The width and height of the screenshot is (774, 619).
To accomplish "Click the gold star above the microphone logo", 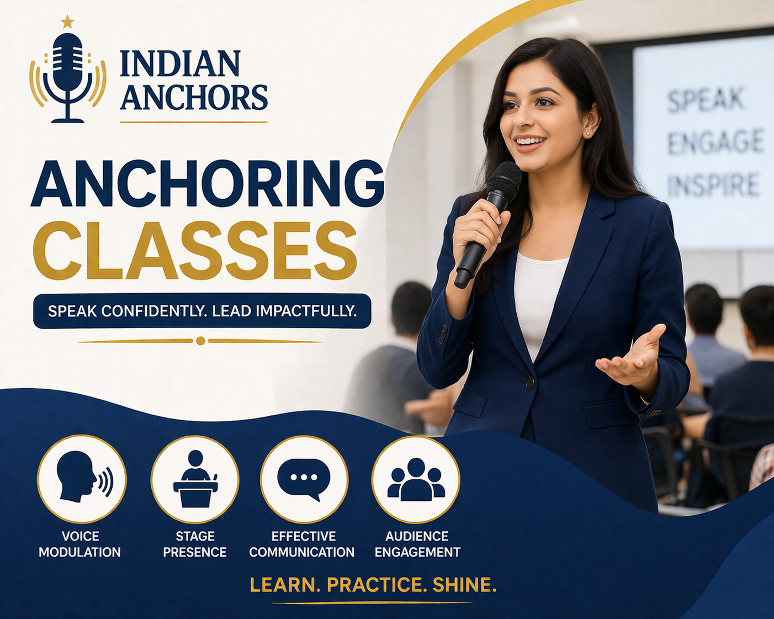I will click(67, 22).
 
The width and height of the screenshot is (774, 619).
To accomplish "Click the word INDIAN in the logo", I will click(180, 64).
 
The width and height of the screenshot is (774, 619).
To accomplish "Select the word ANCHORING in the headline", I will click(208, 184).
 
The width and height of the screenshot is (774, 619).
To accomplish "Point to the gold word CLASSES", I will click(195, 251).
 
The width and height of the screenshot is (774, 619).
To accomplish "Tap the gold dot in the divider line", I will click(200, 341).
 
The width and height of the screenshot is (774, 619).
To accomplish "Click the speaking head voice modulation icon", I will click(82, 478).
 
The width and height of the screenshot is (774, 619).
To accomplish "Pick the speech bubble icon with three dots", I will click(304, 478).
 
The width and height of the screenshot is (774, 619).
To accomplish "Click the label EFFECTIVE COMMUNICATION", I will click(302, 544).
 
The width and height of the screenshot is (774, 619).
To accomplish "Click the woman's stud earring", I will click(588, 134).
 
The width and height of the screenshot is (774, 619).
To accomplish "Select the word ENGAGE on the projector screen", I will click(715, 142).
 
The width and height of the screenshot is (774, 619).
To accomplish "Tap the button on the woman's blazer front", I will click(529, 382).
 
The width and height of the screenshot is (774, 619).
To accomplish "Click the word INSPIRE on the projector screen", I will click(713, 185).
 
